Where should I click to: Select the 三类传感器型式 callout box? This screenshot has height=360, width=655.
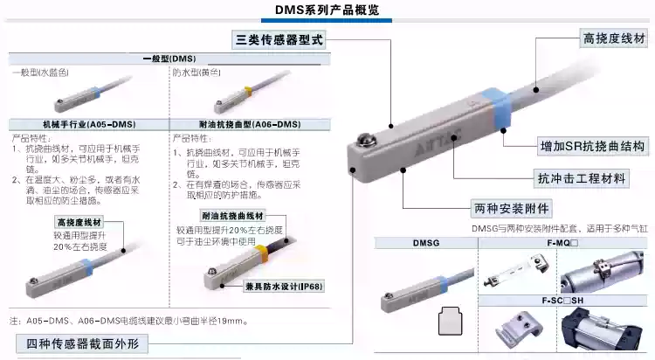[279, 40]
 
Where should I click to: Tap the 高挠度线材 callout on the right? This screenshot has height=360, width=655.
[615, 38]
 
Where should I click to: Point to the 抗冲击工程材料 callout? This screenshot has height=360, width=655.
[581, 178]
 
